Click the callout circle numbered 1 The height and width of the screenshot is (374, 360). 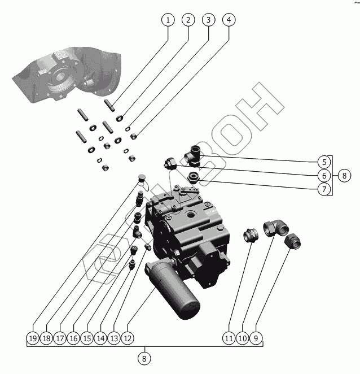pos(168,20)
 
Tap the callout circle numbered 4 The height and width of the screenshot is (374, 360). pos(229,20)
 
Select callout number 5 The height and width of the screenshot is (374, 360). pos(324,162)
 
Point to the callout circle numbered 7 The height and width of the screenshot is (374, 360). pos(324,189)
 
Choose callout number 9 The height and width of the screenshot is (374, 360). pos(256,338)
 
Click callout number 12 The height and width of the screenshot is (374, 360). pos(128,338)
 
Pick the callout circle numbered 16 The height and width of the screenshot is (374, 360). pos(73,338)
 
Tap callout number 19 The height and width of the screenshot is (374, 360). pos(33,338)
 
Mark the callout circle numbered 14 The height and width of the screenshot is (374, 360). pos(100,338)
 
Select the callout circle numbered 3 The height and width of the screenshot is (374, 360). pos(208,20)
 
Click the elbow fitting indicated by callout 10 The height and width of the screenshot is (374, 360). pos(276,228)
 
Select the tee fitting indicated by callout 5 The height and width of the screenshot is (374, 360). pos(192,156)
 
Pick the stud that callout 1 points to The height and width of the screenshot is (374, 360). pos(109,105)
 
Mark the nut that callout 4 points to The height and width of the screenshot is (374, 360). pos(134,136)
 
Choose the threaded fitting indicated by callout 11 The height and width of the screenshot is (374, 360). pos(251,235)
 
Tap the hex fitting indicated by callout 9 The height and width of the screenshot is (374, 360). pos(292,241)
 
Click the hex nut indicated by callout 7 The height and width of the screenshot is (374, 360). pos(193,178)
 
